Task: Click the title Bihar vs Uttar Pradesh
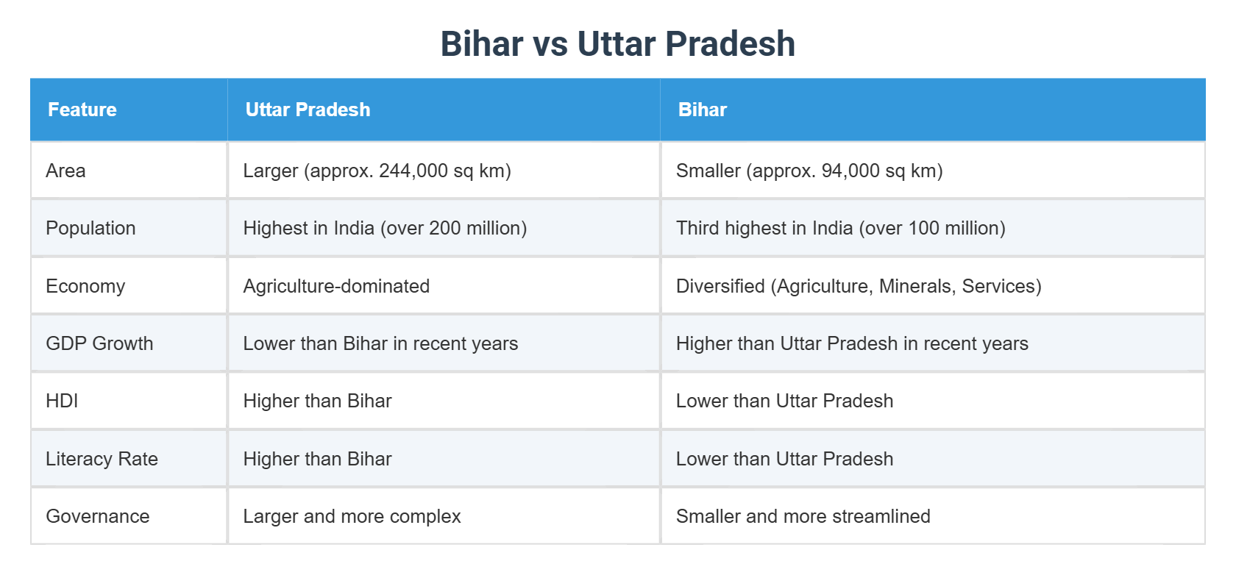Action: click(617, 43)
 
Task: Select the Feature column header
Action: click(82, 110)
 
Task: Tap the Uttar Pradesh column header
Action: click(308, 110)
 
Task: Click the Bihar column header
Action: click(702, 110)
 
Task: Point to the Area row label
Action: click(65, 171)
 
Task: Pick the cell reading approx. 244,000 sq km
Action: click(377, 171)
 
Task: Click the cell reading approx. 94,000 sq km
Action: click(809, 171)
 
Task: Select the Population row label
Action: click(90, 228)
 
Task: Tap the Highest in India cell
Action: click(384, 228)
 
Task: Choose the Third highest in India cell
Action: click(840, 228)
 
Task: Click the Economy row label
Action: click(85, 286)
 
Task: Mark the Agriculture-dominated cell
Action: click(336, 286)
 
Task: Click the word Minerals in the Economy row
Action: click(917, 286)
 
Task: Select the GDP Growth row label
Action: click(99, 343)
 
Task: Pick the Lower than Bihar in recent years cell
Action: click(380, 343)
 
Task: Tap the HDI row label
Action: click(62, 401)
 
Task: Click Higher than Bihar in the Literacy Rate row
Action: click(317, 459)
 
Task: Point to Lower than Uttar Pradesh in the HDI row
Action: click(784, 401)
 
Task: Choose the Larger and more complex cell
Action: click(352, 516)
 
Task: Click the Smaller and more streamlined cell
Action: click(803, 516)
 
